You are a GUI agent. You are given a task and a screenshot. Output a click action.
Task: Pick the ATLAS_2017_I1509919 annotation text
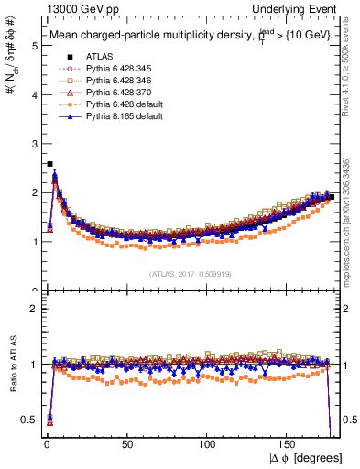(x=190, y=274)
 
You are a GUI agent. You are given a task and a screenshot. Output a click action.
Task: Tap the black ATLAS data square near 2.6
(x=49, y=164)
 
